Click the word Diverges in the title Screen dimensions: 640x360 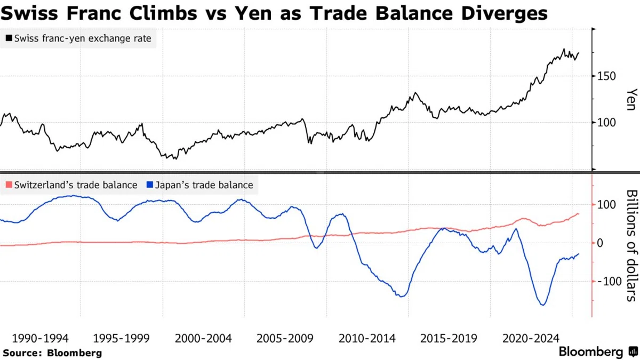pyautogui.click(x=505, y=14)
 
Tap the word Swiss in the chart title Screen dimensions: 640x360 pyautogui.click(x=29, y=13)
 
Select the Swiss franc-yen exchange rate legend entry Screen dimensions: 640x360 pyautogui.click(x=78, y=38)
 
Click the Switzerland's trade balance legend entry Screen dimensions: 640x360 pyautogui.click(x=71, y=185)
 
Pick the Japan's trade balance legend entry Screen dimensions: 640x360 pyautogui.click(x=199, y=185)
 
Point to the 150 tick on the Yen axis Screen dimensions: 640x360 pyautogui.click(x=606, y=76)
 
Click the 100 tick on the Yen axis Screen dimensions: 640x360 pyautogui.click(x=606, y=123)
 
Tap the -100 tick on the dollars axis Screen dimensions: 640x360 pyautogui.click(x=610, y=282)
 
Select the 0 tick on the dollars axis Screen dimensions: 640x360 pyautogui.click(x=600, y=243)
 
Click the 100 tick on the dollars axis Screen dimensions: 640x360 pyautogui.click(x=606, y=205)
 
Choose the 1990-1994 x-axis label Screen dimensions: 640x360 pyautogui.click(x=41, y=339)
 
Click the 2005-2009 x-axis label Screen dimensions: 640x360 pyautogui.click(x=285, y=339)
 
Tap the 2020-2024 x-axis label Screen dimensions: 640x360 pyautogui.click(x=531, y=339)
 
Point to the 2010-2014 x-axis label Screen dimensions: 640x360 pyautogui.click(x=367, y=339)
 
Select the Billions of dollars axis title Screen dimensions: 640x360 pyautogui.click(x=632, y=246)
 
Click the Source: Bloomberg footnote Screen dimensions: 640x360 pyautogui.click(x=52, y=353)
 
